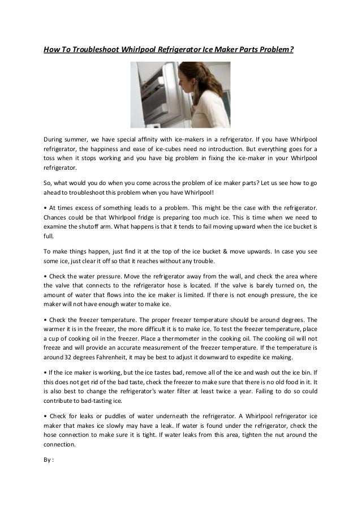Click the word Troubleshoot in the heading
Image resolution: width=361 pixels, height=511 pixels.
point(91,49)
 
